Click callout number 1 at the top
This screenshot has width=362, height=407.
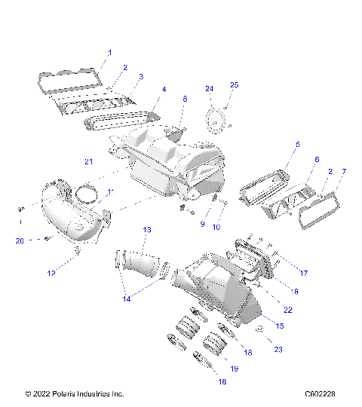(109, 53)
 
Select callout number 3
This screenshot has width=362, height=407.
(141, 78)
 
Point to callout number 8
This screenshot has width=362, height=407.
(185, 99)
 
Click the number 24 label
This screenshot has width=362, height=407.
(210, 89)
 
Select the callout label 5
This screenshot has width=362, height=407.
(297, 144)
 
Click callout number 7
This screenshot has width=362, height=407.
(344, 172)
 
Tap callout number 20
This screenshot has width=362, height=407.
(20, 240)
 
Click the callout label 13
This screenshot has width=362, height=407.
(147, 229)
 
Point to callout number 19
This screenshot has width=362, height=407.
(234, 369)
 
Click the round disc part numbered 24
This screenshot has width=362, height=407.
(217, 119)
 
